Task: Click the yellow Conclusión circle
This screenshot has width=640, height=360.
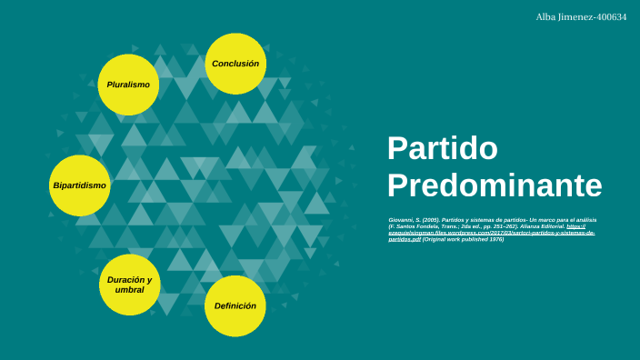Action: point(235,64)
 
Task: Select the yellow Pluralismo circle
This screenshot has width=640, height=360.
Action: point(128,85)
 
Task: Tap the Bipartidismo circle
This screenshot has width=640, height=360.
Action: point(80,185)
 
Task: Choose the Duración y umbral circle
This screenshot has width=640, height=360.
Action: point(129,285)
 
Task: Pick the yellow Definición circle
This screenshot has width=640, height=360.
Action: point(235,306)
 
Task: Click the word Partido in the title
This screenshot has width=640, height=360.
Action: point(443,148)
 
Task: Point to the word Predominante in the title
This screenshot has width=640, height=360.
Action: point(495,185)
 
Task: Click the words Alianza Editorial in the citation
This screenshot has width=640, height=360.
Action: point(541,226)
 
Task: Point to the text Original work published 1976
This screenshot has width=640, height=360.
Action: point(464,238)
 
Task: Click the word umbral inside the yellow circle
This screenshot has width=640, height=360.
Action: point(129,290)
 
